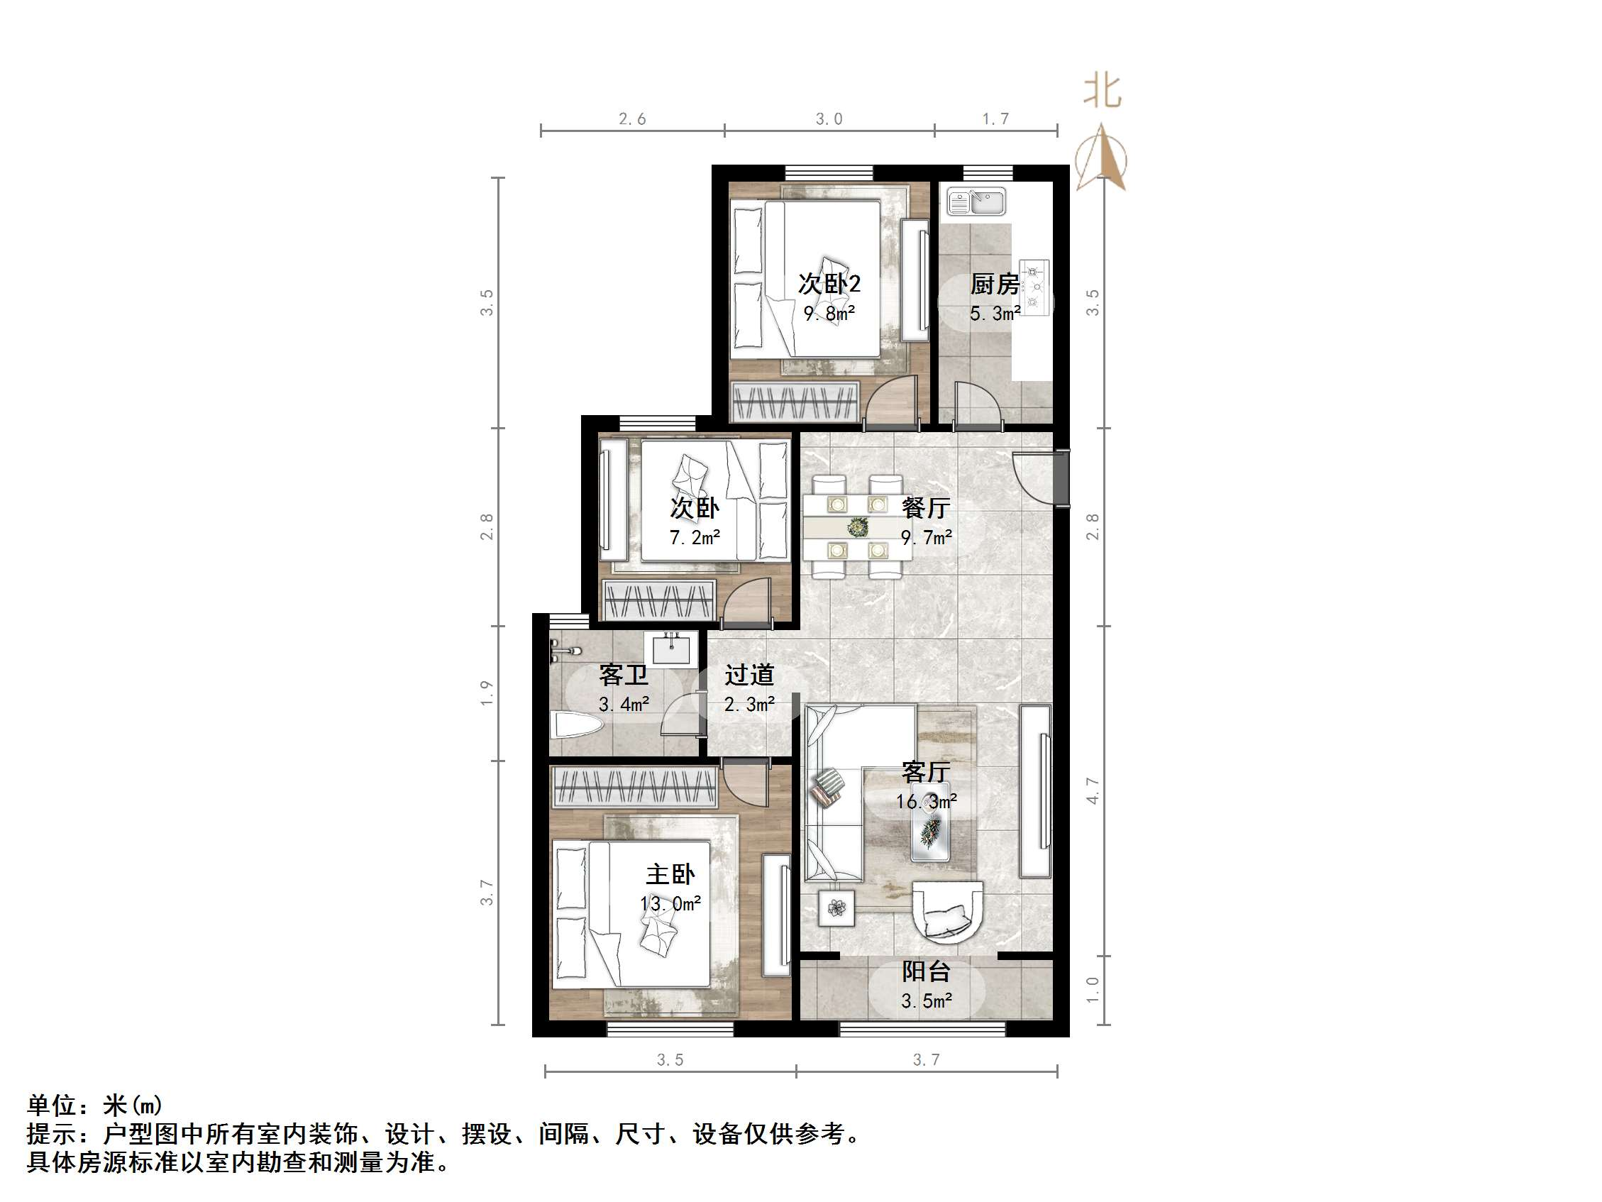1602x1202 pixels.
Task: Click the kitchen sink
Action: pos(977,202)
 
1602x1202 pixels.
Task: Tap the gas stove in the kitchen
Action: pos(1034,287)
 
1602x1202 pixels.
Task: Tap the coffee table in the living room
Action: pos(931,832)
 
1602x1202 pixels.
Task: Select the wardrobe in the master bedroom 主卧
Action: pos(634,787)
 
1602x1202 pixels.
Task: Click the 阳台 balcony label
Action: pos(926,971)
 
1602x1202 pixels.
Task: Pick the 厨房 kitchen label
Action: pos(995,284)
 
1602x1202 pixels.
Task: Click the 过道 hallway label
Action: pos(750,676)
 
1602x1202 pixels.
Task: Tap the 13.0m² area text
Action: pos(670,904)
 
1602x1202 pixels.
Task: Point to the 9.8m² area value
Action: pos(829,314)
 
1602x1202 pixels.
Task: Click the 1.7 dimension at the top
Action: pos(995,118)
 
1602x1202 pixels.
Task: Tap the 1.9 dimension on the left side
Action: pos(487,693)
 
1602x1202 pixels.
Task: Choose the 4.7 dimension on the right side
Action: pos(1092,790)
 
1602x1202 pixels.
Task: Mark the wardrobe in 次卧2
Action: pos(795,403)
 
